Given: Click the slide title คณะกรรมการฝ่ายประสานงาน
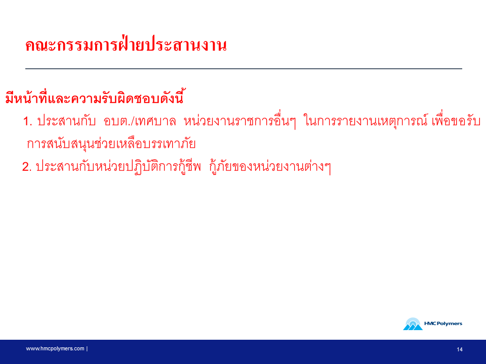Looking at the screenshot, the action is [126, 45].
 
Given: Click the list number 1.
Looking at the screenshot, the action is [27, 121].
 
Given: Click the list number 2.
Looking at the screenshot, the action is [27, 167].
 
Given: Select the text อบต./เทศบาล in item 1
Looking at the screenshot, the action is [140, 121].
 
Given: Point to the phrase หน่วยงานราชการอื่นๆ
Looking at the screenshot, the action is [240, 120].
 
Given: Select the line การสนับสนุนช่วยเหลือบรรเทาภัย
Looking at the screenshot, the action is [111, 144].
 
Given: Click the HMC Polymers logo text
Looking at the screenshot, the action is [443, 324].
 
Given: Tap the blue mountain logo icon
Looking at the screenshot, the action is [413, 324].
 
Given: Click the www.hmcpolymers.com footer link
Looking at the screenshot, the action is [55, 348].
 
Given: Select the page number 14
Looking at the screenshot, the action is [460, 349].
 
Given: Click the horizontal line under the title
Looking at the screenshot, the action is [244, 68].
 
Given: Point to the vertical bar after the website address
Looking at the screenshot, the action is [87, 348].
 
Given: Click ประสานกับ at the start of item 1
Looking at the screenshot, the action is [66, 121].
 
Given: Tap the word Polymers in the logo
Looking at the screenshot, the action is [450, 324].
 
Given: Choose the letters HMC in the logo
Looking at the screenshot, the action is [430, 324].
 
